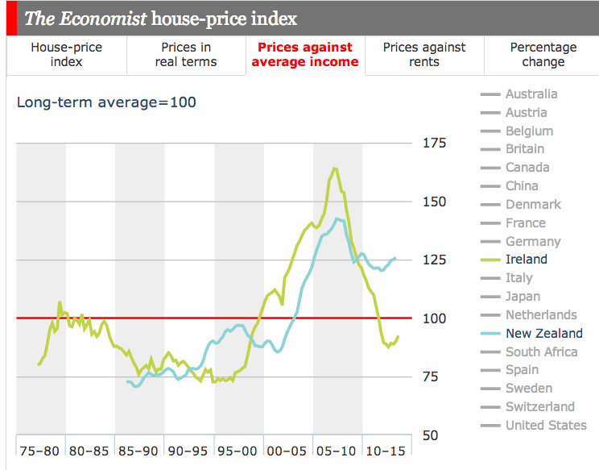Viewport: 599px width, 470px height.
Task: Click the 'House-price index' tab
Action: click(66, 55)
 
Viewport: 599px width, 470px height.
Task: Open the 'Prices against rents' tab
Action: click(423, 55)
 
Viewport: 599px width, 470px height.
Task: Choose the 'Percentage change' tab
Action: click(543, 55)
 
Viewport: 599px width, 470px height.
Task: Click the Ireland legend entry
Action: click(526, 260)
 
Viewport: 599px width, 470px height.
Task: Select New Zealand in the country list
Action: click(543, 333)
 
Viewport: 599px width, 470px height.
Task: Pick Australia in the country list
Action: click(531, 94)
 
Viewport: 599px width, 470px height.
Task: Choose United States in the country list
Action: click(545, 425)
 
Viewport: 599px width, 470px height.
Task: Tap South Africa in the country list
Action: click(541, 351)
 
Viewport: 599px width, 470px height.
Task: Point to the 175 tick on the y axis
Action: click(434, 143)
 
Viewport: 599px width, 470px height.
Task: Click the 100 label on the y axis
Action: click(434, 318)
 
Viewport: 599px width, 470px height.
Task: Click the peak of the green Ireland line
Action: click(334, 168)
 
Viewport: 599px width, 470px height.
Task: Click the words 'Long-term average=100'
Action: click(107, 102)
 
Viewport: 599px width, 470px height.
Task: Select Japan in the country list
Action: click(523, 296)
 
